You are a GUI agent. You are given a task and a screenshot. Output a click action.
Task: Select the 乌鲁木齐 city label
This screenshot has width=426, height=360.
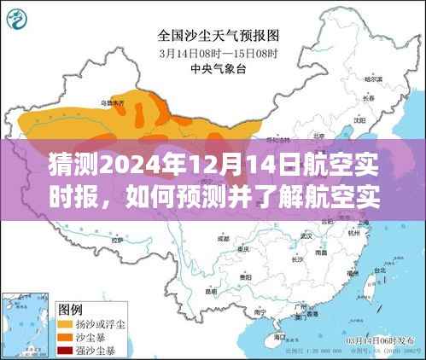[x=111, y=103]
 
